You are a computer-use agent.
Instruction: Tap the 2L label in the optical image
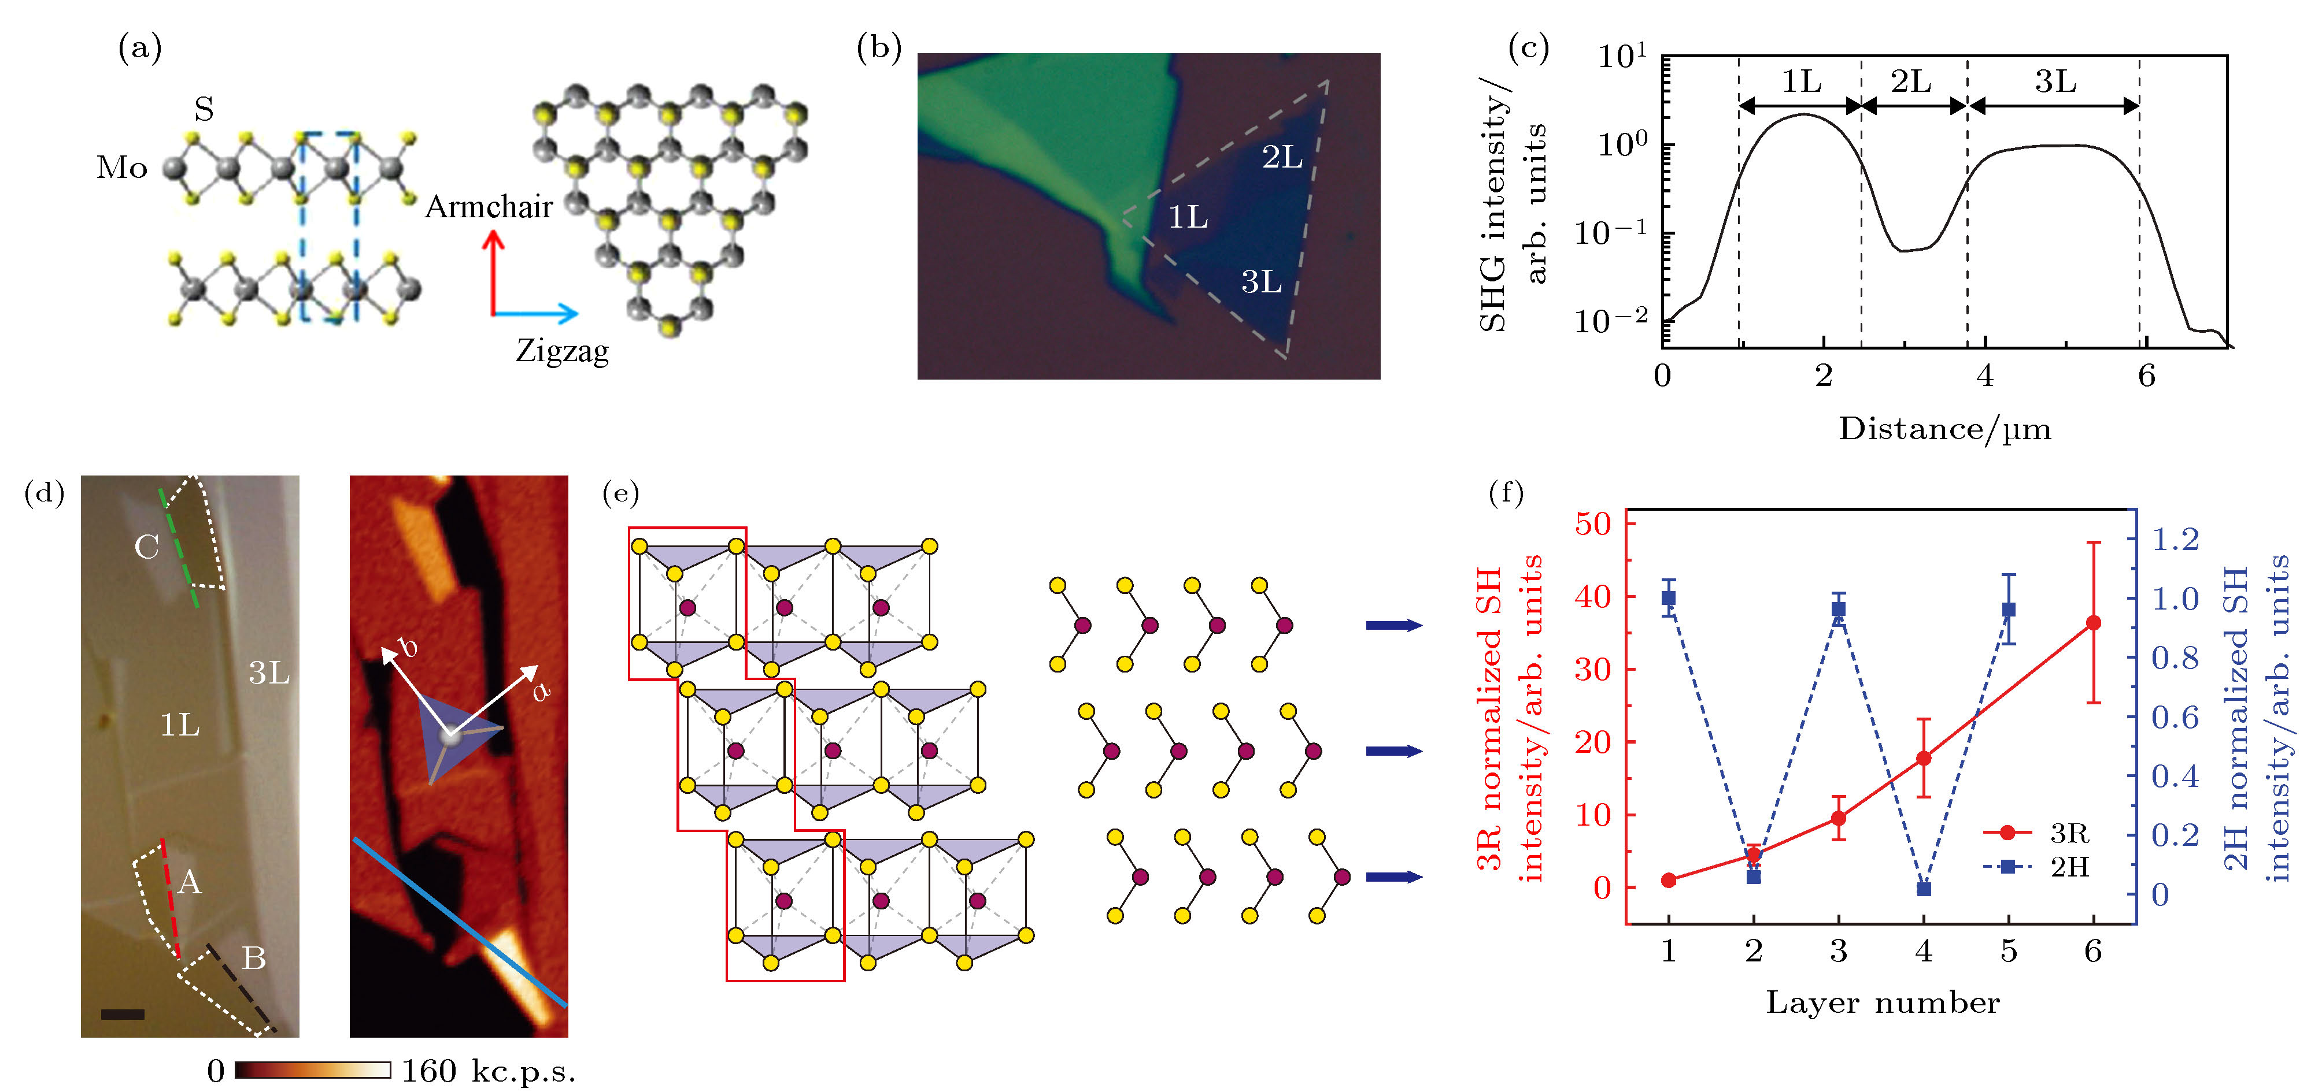1282,158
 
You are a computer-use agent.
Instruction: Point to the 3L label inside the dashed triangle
1261,282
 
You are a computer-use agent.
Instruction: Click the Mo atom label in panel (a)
121,168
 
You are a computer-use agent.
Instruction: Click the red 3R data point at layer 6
2093,623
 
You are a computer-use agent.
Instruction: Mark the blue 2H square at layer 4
1924,889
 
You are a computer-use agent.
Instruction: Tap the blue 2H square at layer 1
1669,597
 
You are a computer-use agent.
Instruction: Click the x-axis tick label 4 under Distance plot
1985,376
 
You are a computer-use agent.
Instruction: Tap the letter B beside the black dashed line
254,958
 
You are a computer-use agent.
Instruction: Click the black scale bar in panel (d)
123,1015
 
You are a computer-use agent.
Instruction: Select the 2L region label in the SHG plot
1911,82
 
